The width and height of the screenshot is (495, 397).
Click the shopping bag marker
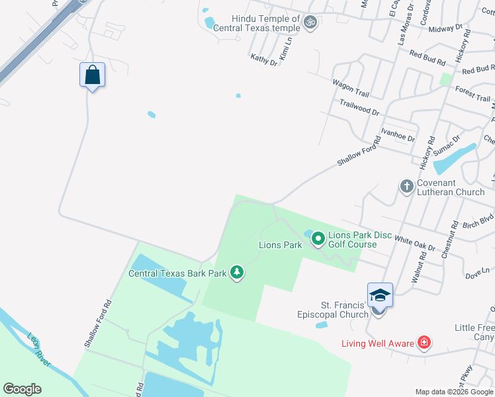click(93, 75)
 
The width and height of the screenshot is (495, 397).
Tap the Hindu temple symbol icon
click(310, 23)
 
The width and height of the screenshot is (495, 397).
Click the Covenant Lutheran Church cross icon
click(407, 187)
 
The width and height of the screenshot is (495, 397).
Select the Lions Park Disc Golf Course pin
click(318, 237)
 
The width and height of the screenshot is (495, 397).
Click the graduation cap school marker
click(381, 295)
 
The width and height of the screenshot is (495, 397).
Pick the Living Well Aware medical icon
click(424, 342)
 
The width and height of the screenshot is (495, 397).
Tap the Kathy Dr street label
click(264, 60)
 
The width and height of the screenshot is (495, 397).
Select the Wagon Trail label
click(350, 85)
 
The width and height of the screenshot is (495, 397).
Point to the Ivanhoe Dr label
click(398, 134)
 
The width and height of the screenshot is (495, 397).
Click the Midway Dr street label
click(445, 28)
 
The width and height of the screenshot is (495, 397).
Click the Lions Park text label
click(280, 245)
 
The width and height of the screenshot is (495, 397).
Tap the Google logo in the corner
click(22, 389)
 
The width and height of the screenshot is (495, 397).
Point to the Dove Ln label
click(476, 272)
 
